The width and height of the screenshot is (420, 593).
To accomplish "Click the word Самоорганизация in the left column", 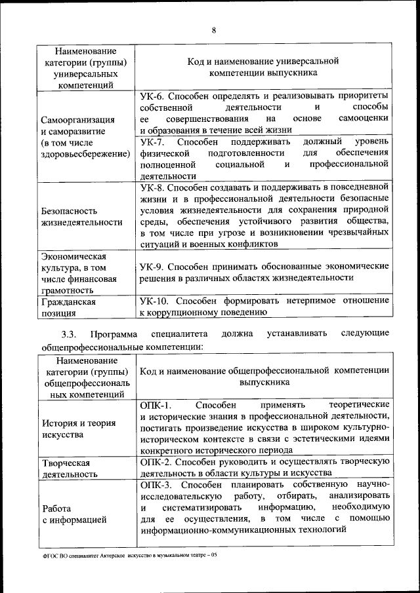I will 78,120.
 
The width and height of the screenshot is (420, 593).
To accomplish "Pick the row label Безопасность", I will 69,211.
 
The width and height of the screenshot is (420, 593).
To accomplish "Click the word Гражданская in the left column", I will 68,302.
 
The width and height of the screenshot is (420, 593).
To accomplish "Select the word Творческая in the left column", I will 66,463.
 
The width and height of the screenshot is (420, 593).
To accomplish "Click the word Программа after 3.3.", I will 115,334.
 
